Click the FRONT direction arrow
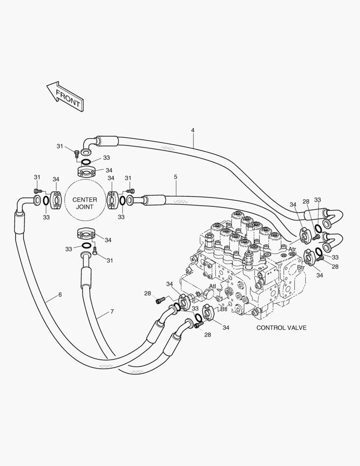pyautogui.click(x=65, y=97)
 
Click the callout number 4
pyautogui.click(x=193, y=130)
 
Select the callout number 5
pyautogui.click(x=175, y=177)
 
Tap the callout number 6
pyautogui.click(x=60, y=295)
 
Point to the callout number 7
pyautogui.click(x=112, y=311)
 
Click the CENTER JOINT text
pyautogui.click(x=85, y=203)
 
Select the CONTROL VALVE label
pyautogui.click(x=281, y=327)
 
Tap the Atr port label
pyautogui.click(x=292, y=249)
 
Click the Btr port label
pyautogui.click(x=301, y=268)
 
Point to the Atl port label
pyautogui.click(x=213, y=286)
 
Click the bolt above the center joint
pyautogui.click(x=77, y=153)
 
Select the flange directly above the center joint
pyautogui.click(x=88, y=172)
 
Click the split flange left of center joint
pyautogui.click(x=56, y=200)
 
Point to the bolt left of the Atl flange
pyautogui.click(x=161, y=299)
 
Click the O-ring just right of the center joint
pyautogui.click(x=122, y=200)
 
